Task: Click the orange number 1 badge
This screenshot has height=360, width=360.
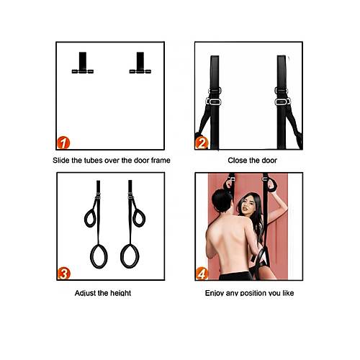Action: [x=63, y=143]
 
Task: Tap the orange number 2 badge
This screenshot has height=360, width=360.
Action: [x=202, y=143]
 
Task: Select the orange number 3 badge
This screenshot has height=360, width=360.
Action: [x=64, y=274]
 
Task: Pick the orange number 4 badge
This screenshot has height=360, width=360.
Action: [x=202, y=274]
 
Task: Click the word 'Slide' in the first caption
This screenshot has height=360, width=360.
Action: [x=61, y=161]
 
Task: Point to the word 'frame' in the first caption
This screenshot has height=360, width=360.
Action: [x=161, y=161]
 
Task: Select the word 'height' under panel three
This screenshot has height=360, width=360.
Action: [x=121, y=293]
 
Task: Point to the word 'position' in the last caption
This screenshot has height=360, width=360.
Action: [x=254, y=293]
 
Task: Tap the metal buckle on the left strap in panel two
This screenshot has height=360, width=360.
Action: [x=213, y=102]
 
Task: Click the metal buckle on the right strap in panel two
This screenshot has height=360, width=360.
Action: [x=282, y=102]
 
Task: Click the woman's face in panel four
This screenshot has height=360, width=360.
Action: [x=247, y=207]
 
